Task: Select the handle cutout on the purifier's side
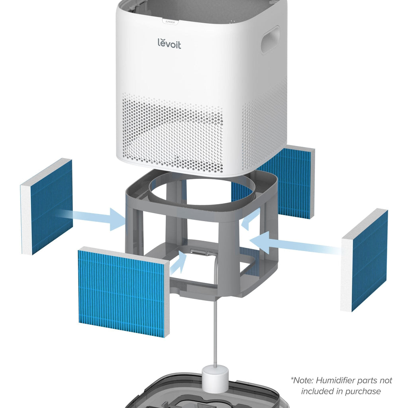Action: [x=270, y=40]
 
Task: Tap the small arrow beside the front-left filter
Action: [x=178, y=263]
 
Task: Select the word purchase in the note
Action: [x=364, y=391]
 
